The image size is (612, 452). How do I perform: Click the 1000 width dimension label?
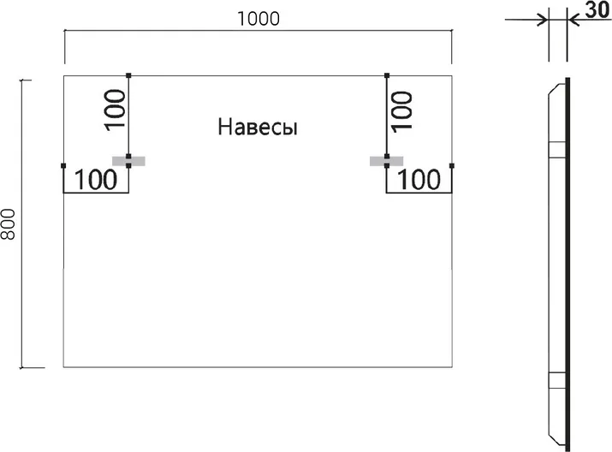258,19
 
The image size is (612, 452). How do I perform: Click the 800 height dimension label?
9,224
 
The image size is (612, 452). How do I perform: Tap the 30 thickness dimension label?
597,10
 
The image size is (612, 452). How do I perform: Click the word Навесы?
258,128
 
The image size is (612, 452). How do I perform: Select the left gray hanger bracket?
128,161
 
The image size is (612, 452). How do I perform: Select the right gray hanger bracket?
386,161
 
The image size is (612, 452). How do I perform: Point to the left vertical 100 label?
116,110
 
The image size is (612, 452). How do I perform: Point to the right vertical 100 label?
401,111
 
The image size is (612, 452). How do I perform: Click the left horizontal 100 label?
96,180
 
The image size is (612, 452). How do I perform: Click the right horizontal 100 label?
419,180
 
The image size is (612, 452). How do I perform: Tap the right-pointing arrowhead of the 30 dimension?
543,20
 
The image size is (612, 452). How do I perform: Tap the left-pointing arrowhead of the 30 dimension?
573,20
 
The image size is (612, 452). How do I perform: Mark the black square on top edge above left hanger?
128,75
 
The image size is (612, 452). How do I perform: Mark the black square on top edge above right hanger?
387,75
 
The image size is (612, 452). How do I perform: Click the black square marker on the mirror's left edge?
63,165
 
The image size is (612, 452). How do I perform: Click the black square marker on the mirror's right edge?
452,165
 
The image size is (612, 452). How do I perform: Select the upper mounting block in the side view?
557,149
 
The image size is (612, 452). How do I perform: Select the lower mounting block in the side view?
557,380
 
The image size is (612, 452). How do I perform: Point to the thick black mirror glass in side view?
567,265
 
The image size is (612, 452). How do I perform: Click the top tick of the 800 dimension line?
26,80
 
